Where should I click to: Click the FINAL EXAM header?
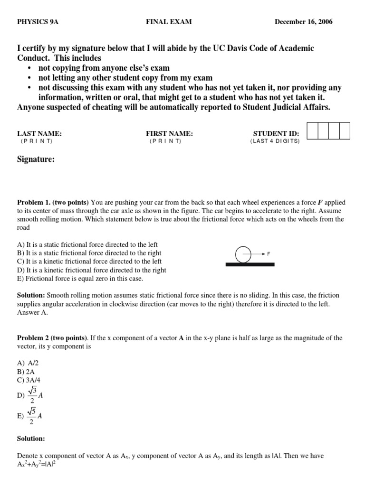[x=169, y=22]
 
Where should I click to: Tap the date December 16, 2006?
[x=303, y=22]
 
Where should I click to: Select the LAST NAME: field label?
[x=39, y=134]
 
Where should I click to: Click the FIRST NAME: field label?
[x=169, y=134]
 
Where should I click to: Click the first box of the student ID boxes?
[x=312, y=131]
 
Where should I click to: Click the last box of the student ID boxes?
[x=345, y=131]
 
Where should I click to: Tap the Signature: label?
[x=36, y=160]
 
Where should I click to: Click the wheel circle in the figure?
[x=243, y=254]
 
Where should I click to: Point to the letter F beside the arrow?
[x=269, y=254]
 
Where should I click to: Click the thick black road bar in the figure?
[x=250, y=264]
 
